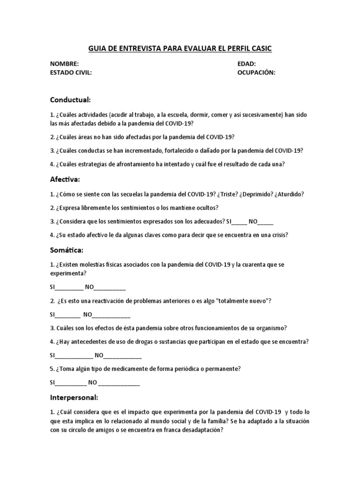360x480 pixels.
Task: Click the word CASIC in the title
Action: click(x=259, y=48)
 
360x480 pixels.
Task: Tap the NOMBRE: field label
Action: click(x=65, y=64)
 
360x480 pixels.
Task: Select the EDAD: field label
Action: click(x=247, y=64)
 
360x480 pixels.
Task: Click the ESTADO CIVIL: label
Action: click(x=71, y=73)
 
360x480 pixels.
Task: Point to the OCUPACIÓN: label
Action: click(x=256, y=73)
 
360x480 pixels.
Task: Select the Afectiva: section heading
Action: click(x=65, y=179)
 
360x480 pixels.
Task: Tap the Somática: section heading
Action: click(x=67, y=250)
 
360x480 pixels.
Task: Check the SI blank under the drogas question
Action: click(x=75, y=355)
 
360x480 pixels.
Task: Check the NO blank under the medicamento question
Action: click(x=119, y=382)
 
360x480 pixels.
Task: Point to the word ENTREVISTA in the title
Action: click(x=136, y=48)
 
